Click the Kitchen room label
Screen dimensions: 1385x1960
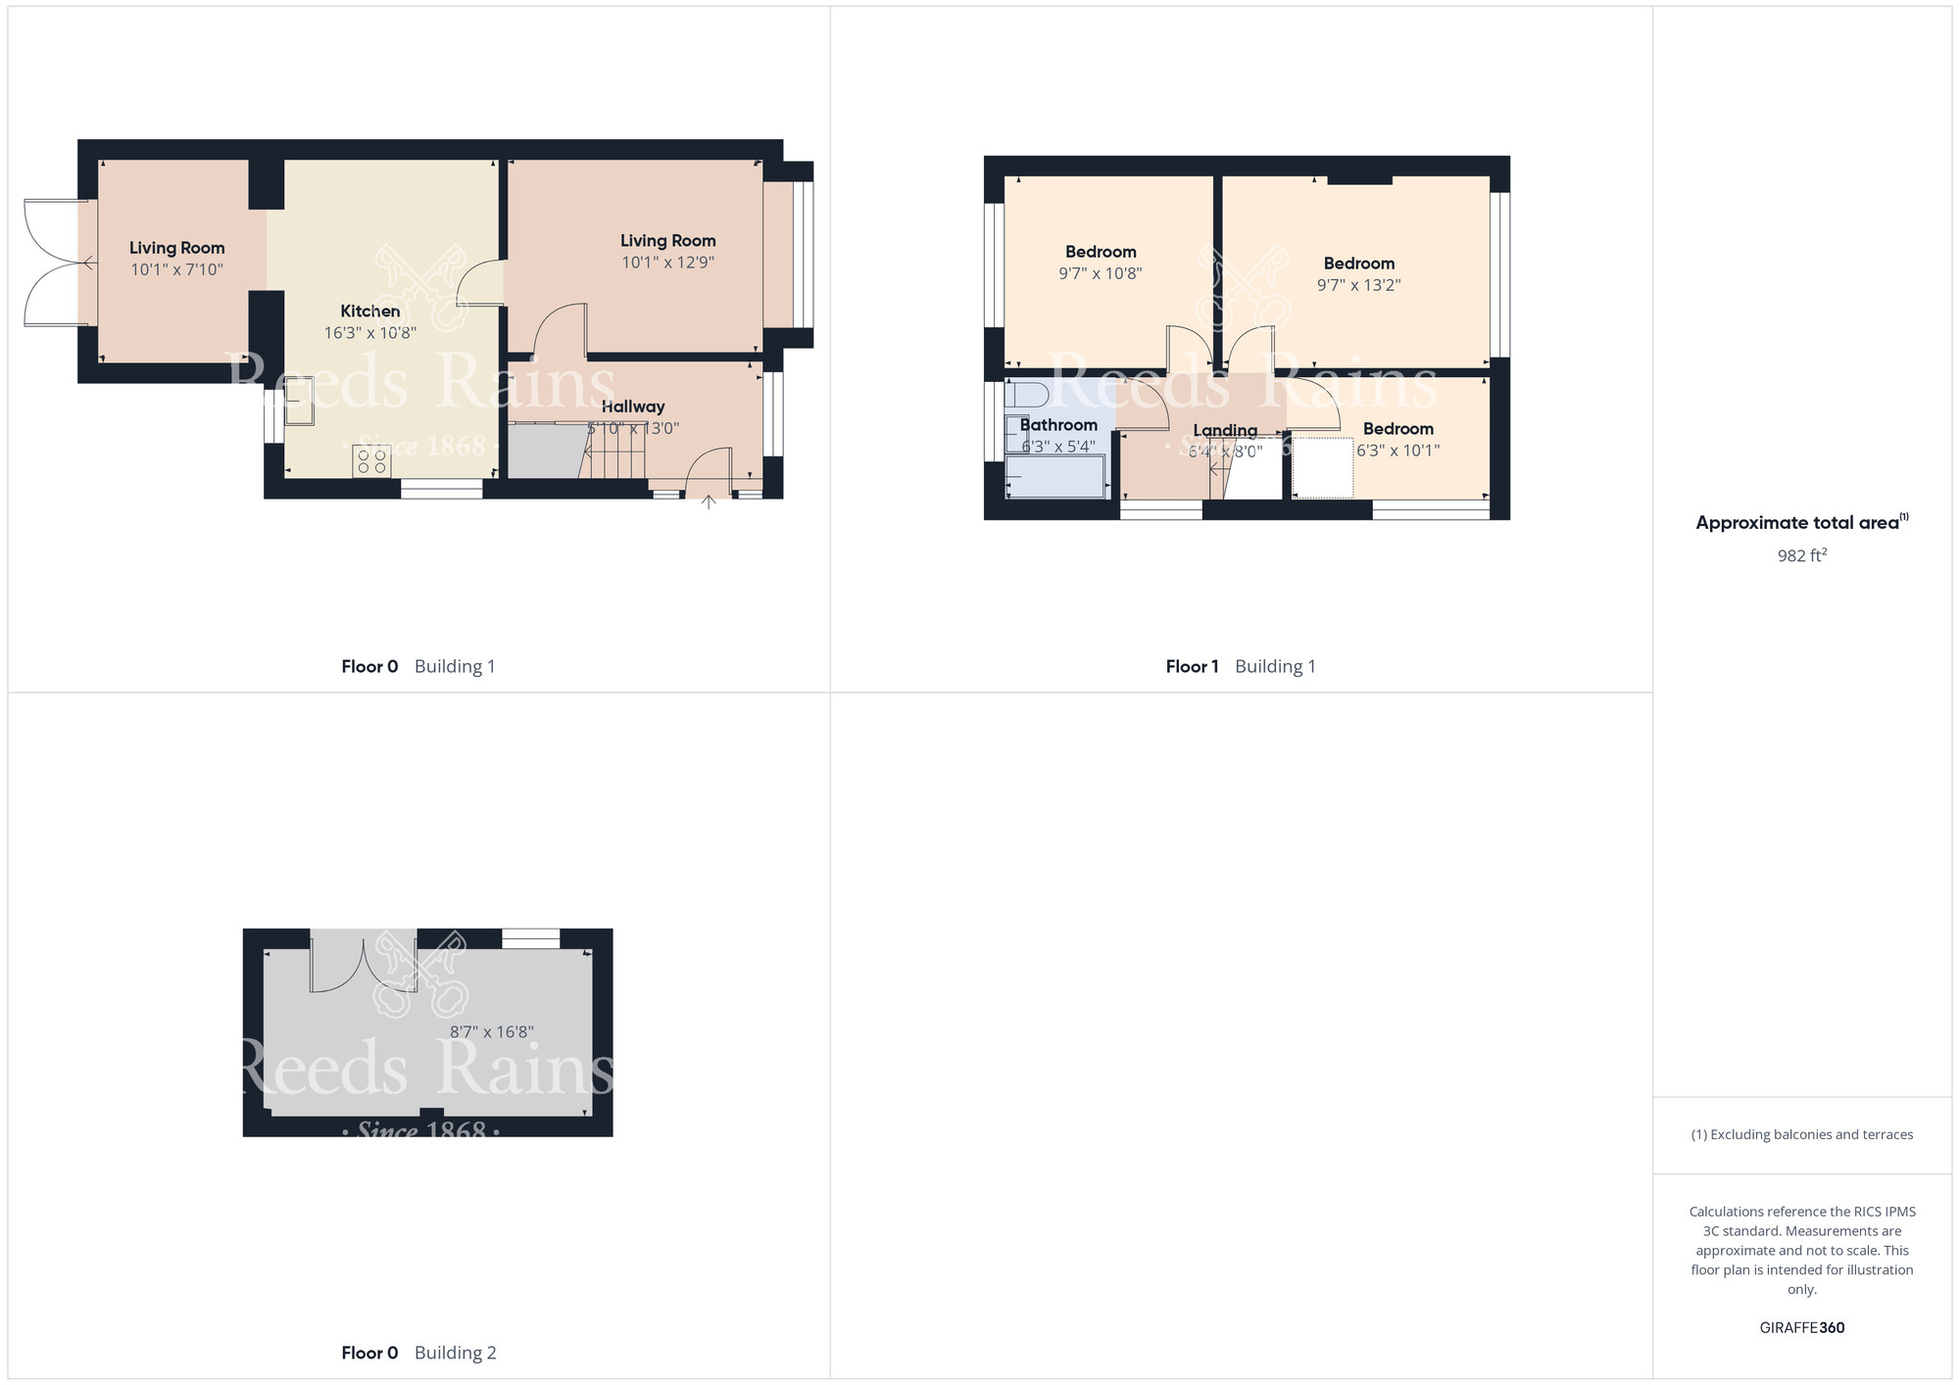tap(369, 311)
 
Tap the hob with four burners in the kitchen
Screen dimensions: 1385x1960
tap(371, 461)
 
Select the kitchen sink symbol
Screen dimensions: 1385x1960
tap(299, 402)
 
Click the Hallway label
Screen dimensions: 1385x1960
tap(633, 406)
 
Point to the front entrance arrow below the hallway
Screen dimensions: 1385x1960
tap(709, 502)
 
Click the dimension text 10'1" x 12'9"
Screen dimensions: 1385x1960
tap(667, 263)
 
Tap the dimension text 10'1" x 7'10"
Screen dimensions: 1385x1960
tap(177, 269)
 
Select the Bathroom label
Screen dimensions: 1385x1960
tap(1058, 425)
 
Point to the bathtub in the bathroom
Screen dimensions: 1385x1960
tap(1055, 477)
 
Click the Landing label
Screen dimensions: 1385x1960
tap(1225, 430)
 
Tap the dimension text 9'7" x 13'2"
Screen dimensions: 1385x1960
tap(1358, 285)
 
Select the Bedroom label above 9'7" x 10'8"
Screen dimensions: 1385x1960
tap(1101, 252)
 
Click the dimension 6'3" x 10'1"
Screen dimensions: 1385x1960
tap(1397, 451)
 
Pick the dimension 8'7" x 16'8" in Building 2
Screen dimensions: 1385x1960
tap(491, 1031)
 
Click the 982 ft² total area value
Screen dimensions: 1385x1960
tap(1801, 555)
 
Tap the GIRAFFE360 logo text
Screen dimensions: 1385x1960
tap(1801, 1328)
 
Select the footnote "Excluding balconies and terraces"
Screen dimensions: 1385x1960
tap(1801, 1134)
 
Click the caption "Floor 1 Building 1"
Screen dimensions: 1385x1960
tap(1240, 666)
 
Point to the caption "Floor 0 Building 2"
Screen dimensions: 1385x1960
tap(418, 1353)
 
